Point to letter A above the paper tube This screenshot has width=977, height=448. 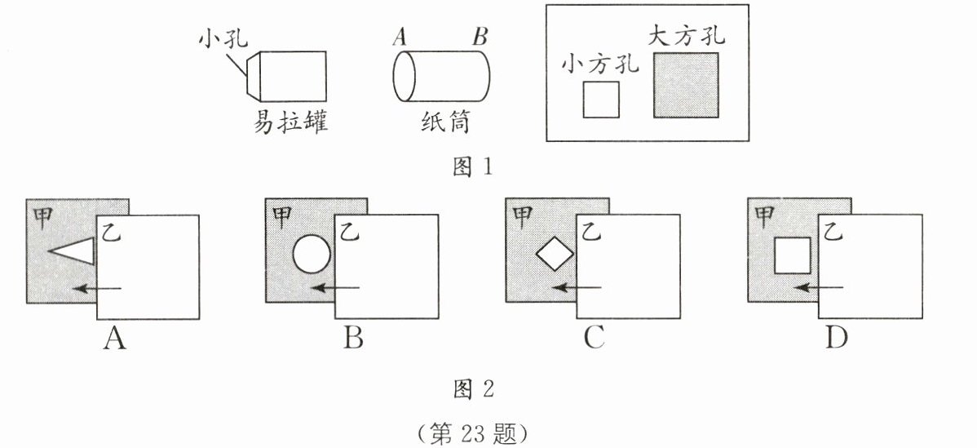point(400,36)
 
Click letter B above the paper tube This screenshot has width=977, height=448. point(480,36)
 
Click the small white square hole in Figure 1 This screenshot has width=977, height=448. point(601,100)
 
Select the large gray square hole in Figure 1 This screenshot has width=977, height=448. point(685,85)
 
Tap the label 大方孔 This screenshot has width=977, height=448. point(687,36)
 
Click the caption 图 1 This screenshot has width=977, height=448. point(472,167)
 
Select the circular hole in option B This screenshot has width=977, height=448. point(312,254)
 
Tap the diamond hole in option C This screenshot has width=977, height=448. point(555,255)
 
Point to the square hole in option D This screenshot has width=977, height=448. point(792,255)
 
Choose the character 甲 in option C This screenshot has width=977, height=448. point(522,215)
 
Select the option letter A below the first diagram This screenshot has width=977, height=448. point(114,338)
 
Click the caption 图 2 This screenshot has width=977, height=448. point(472,388)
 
